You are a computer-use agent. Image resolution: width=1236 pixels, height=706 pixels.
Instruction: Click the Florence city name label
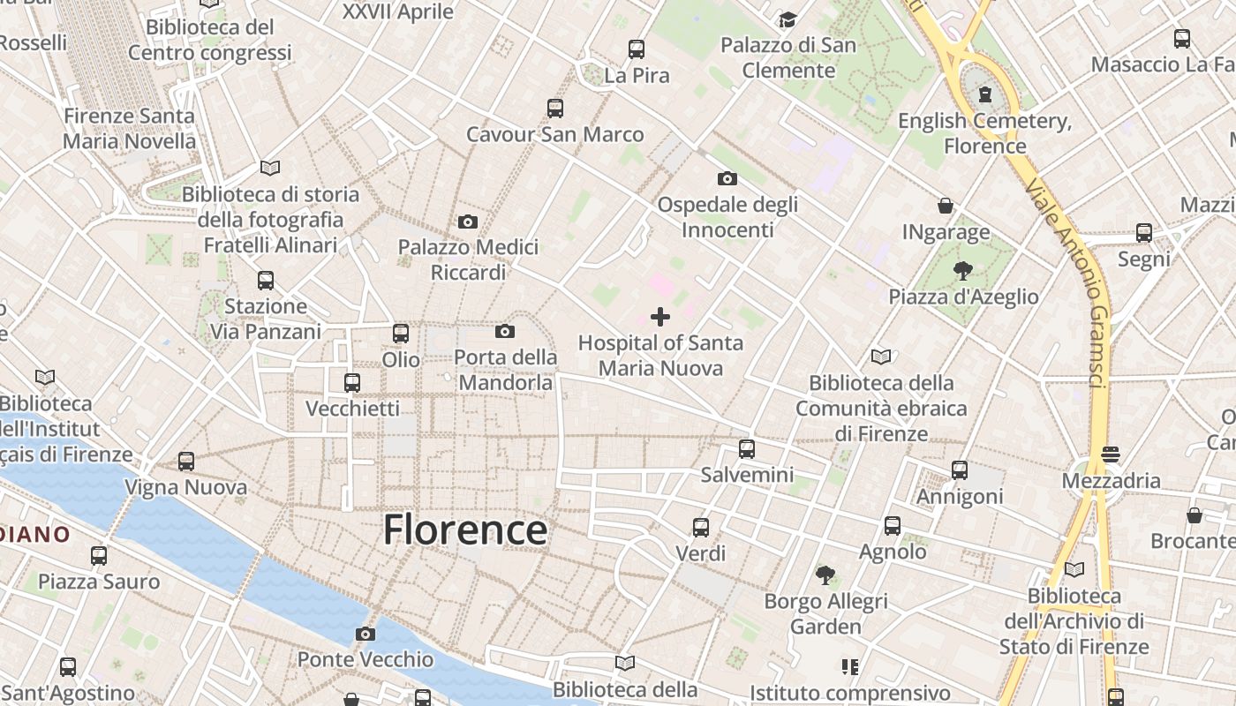[x=465, y=529]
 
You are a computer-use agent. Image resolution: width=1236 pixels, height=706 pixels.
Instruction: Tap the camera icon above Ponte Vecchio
[x=365, y=634]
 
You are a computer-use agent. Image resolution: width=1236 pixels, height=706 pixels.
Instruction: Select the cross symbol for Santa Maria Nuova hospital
[x=660, y=317]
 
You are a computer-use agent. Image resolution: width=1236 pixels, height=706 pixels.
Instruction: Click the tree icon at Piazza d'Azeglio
[x=962, y=271]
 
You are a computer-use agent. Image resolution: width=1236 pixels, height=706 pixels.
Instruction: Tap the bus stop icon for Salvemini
[x=747, y=449]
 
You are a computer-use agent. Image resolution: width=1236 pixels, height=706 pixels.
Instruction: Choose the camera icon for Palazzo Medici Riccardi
[x=468, y=222]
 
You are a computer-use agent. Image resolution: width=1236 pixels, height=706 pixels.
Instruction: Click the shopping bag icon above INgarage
[x=946, y=207]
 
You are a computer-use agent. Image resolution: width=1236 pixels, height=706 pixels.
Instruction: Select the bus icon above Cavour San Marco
[x=554, y=109]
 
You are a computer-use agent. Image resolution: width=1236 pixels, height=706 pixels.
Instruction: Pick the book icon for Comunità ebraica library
[x=881, y=357]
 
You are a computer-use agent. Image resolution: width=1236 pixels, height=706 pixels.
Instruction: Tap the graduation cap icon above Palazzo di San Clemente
[x=788, y=19]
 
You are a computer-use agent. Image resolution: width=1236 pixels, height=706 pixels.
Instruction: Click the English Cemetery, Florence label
[x=984, y=133]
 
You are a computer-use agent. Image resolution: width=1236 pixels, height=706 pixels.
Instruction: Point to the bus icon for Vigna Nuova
[x=186, y=462]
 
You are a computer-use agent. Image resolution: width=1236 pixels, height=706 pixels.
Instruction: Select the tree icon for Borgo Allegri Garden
[x=825, y=575]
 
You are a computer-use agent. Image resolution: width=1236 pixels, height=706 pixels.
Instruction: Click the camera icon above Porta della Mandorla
[x=505, y=332]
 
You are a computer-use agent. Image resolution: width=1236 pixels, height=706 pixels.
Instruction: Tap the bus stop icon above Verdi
[x=701, y=528]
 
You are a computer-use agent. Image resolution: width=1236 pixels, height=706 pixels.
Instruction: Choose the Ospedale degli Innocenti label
[x=727, y=217]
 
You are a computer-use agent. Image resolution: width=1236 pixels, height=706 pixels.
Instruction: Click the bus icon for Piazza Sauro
[x=99, y=556]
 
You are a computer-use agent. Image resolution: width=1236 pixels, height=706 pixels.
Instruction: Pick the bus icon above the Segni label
[x=1144, y=233]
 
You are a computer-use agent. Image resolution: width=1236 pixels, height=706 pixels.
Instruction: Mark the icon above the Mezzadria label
[x=1111, y=455]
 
